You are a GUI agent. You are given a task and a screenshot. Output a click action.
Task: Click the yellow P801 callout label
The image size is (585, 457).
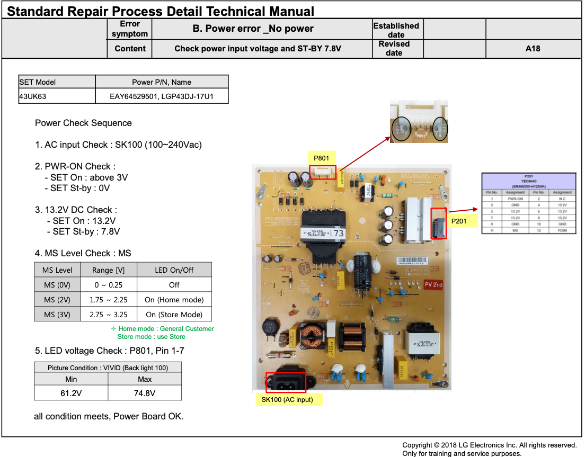(x=321, y=158)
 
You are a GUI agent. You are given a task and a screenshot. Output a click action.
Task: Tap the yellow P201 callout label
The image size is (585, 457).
(x=458, y=221)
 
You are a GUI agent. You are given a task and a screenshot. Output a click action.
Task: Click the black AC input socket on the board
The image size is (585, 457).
(x=286, y=381)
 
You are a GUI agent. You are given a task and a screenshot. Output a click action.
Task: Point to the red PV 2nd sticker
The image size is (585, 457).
(x=433, y=284)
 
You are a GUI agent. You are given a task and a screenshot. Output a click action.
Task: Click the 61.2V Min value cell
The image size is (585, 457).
(x=71, y=393)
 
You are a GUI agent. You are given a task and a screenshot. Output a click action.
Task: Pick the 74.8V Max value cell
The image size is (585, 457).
(x=145, y=393)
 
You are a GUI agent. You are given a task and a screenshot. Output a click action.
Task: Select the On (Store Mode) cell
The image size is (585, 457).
(x=174, y=315)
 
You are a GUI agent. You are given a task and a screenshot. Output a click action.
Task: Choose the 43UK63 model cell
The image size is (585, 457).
(x=57, y=96)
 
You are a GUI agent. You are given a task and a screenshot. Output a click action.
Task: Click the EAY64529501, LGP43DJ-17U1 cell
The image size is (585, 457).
(x=162, y=96)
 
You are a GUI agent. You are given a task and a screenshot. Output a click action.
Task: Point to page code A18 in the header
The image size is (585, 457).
(x=533, y=49)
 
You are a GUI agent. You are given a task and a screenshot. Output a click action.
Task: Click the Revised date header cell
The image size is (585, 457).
(x=394, y=49)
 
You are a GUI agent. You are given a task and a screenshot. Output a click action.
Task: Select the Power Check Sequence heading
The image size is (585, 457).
(x=83, y=123)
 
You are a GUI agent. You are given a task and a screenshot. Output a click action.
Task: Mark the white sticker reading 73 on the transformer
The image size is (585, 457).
(x=338, y=232)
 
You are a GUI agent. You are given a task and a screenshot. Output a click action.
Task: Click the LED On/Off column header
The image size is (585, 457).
(x=174, y=270)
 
